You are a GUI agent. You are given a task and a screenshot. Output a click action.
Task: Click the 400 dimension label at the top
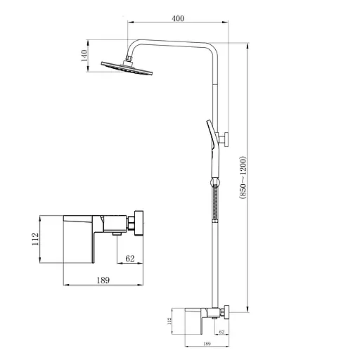coord(178,18)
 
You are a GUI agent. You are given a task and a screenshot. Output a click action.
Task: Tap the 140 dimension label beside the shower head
coord(84,56)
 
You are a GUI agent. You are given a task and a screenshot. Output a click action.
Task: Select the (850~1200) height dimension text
coord(243,178)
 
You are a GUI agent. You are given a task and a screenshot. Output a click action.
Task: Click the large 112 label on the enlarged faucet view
coord(35,239)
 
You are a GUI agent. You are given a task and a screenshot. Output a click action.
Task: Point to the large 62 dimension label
coord(130,258)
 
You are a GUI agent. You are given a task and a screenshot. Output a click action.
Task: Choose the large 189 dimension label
coord(103,280)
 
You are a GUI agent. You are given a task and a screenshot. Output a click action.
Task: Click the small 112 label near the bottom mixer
coord(169,321)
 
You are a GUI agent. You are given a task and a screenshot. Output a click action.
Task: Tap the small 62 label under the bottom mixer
coord(221,332)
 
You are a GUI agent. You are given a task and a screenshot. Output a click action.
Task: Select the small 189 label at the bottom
coord(207,344)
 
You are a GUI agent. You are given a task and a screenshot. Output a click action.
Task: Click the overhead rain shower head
coord(127,67)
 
